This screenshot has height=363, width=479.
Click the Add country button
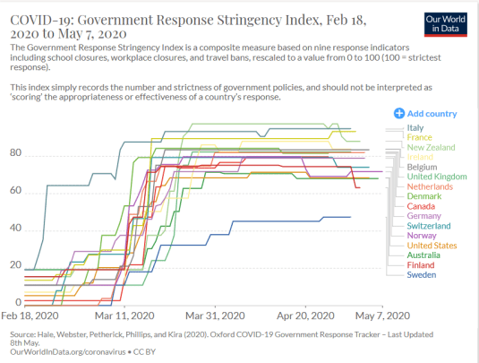pyautogui.click(x=425, y=114)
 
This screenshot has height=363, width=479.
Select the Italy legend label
pyautogui.click(x=415, y=128)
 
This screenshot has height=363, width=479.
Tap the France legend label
pyautogui.click(x=419, y=137)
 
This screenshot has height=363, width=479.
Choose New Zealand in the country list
pyautogui.click(x=432, y=147)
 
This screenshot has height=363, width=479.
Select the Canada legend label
pyautogui.click(x=421, y=206)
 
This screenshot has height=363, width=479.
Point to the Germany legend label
pyautogui.click(x=423, y=216)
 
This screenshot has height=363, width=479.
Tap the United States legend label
pyautogui.click(x=432, y=246)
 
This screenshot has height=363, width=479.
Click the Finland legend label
pyautogui.click(x=420, y=265)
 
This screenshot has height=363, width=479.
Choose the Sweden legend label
pyautogui.click(x=421, y=275)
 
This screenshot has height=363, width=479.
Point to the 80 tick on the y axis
pyautogui.click(x=15, y=153)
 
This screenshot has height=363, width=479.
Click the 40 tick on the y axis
pyautogui.click(x=15, y=228)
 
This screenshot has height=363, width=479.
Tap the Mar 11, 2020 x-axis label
pyautogui.click(x=122, y=315)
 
